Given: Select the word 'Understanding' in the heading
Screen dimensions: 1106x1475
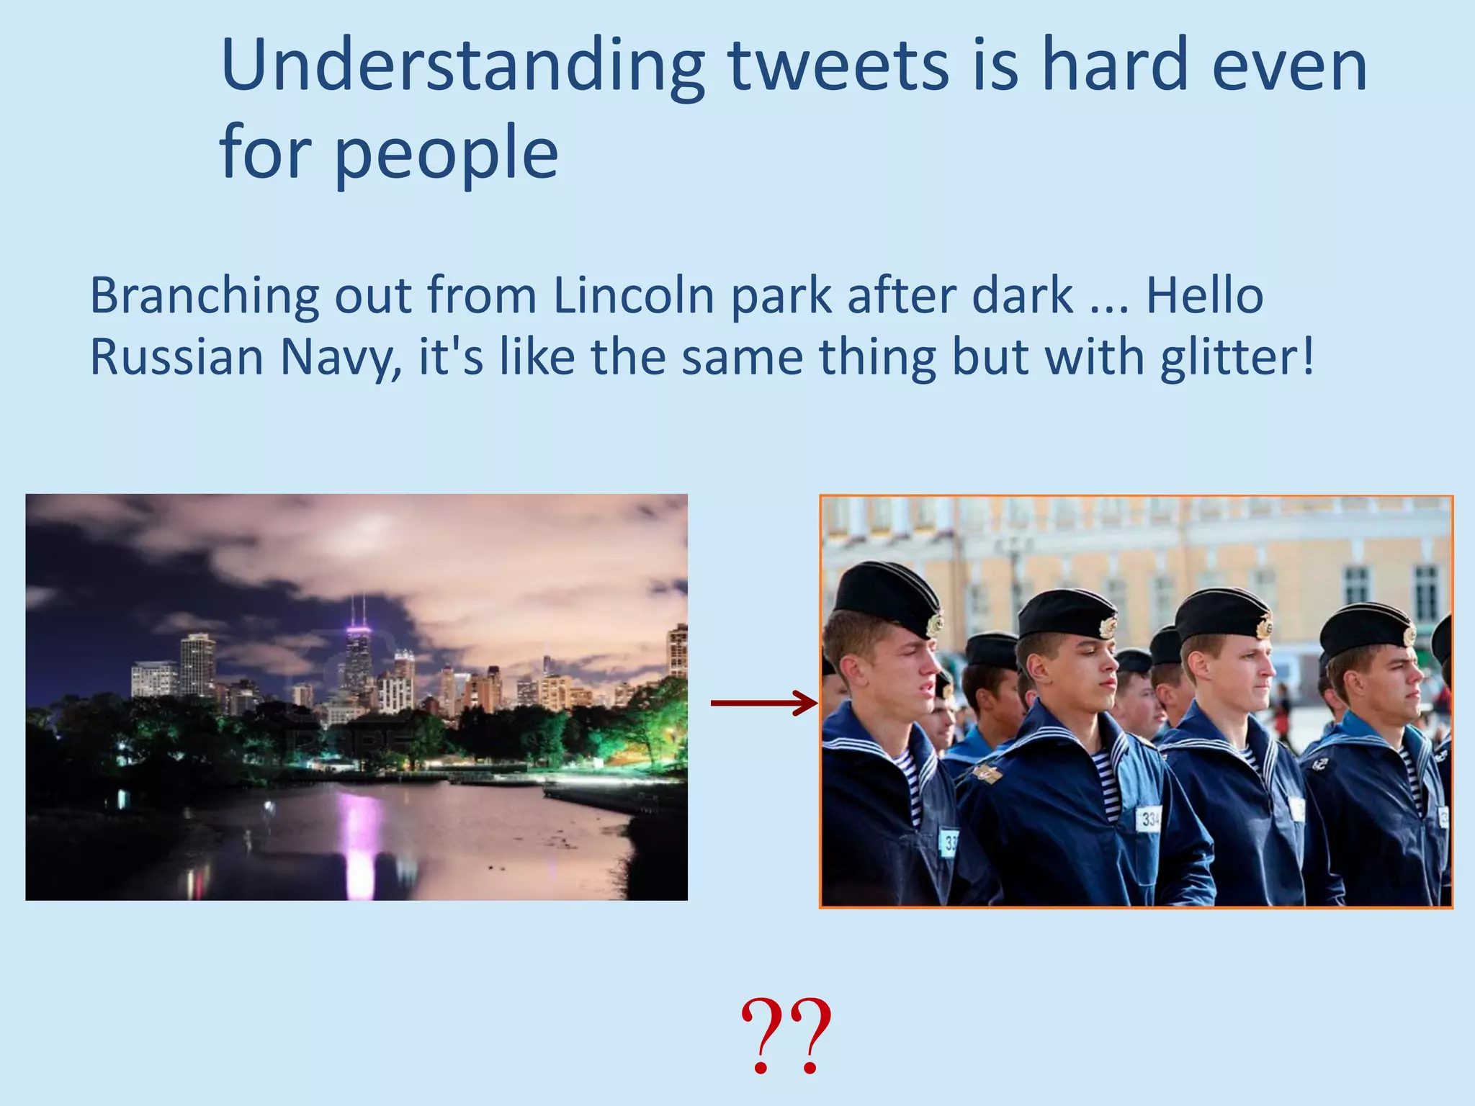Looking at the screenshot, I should [x=461, y=68].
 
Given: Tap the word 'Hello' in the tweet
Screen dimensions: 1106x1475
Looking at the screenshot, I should [x=1204, y=295].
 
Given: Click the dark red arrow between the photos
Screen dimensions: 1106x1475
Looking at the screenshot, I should [x=763, y=703].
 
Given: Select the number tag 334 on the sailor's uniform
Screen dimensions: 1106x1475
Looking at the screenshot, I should [x=1149, y=819].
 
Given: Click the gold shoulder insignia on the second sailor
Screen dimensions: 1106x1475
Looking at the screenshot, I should [x=987, y=774].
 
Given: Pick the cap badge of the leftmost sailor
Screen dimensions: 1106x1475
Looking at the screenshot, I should [x=935, y=623].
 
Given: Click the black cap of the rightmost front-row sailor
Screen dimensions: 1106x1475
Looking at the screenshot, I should [x=1365, y=626].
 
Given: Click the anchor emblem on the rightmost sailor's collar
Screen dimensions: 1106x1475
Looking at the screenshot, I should [x=1319, y=764].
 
